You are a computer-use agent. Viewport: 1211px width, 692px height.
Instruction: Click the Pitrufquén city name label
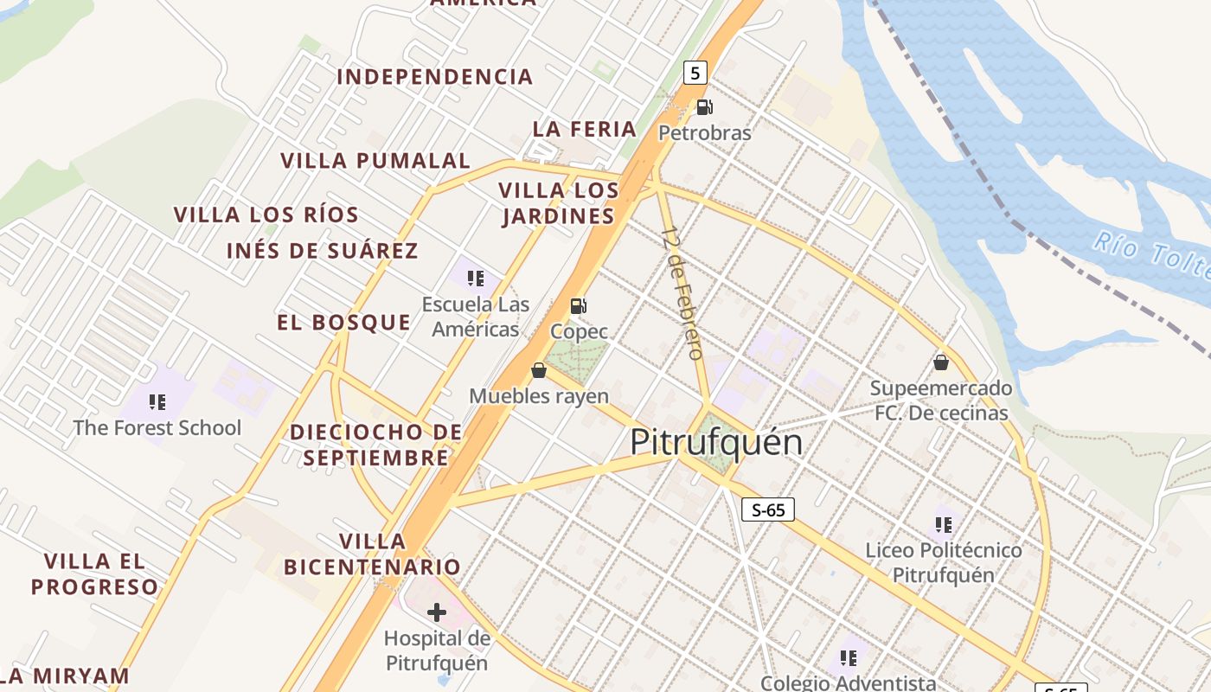click(716, 443)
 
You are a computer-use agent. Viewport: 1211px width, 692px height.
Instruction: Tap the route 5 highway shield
click(695, 73)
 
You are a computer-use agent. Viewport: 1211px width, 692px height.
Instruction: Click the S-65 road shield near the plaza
click(768, 509)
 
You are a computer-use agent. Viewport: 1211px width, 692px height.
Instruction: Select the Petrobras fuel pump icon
click(705, 107)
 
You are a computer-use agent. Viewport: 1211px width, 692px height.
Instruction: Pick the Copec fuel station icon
click(579, 305)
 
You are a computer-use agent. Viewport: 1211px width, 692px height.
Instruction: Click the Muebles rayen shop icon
click(539, 370)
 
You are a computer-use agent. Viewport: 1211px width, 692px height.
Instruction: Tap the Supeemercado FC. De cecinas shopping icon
click(941, 362)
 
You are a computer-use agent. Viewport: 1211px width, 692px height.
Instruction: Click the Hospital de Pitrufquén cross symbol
click(437, 612)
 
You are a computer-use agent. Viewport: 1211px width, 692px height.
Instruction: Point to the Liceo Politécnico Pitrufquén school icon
click(944, 524)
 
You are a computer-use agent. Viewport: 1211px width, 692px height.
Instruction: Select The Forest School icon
click(157, 401)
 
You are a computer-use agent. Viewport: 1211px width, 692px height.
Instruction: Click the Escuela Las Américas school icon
click(475, 278)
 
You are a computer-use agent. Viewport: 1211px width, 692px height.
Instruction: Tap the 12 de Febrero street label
click(682, 292)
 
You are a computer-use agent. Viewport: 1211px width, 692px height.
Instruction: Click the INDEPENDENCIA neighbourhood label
click(434, 77)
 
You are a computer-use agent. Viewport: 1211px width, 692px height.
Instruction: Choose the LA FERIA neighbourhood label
click(585, 129)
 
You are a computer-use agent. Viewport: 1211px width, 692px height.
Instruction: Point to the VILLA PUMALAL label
click(375, 161)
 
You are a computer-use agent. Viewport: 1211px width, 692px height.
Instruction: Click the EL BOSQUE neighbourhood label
click(343, 323)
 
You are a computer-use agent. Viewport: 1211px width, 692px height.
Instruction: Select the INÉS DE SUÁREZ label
click(322, 251)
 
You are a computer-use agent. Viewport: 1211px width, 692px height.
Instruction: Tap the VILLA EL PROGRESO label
click(95, 573)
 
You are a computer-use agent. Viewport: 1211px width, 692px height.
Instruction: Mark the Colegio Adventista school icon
click(849, 658)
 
